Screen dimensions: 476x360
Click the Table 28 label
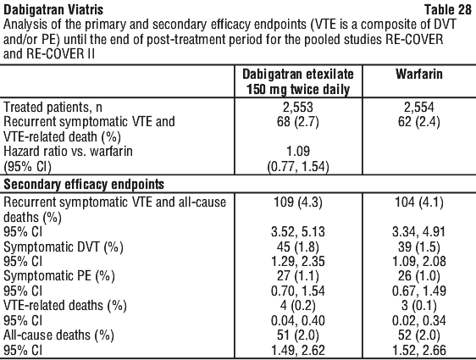(448, 9)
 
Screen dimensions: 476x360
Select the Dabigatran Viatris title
(53, 9)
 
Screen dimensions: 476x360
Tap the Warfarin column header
(419, 75)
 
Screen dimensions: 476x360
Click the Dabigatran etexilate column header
(298, 82)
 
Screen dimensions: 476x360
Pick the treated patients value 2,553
(298, 107)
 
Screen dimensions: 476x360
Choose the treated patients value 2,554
(419, 107)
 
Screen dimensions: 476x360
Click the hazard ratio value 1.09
(298, 151)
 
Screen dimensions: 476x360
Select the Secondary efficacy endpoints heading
(84, 185)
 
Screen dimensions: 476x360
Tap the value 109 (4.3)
(298, 202)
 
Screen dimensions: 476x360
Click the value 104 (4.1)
(419, 202)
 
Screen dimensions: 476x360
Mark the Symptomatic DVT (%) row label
(64, 247)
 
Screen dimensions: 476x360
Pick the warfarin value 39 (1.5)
(419, 247)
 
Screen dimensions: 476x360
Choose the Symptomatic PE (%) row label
(59, 276)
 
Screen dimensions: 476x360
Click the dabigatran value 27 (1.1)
(298, 276)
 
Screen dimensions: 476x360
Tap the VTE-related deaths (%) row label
(65, 305)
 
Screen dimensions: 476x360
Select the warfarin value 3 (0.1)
(419, 305)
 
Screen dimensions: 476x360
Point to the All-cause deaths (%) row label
(58, 335)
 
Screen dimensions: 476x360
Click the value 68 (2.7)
(298, 122)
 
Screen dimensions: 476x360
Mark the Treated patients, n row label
(53, 107)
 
